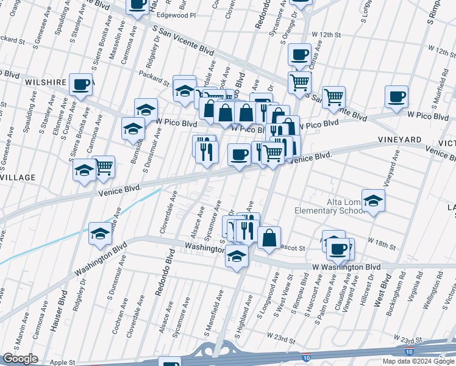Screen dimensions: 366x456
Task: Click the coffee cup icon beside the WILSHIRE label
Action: [x=80, y=84]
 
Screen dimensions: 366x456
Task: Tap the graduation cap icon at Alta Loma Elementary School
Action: [x=373, y=199]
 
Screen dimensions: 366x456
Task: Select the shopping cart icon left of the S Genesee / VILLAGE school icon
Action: [x=104, y=165]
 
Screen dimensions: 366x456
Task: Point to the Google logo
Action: [x=20, y=359]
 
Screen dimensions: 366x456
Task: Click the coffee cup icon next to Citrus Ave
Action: [x=299, y=54]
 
